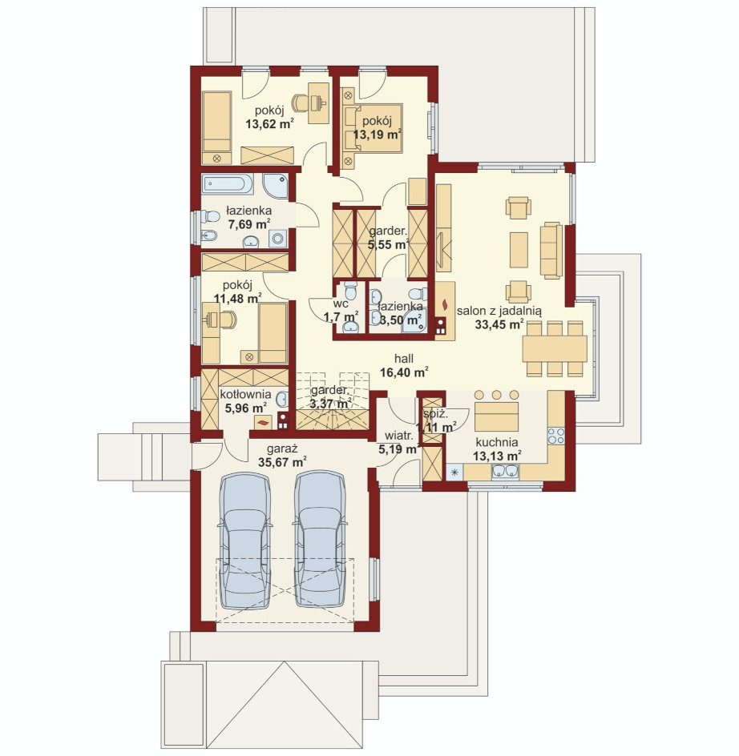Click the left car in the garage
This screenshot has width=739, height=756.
pyautogui.click(x=244, y=540)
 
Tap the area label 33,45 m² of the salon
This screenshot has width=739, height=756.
pyautogui.click(x=499, y=324)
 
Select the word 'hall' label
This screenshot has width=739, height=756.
pyautogui.click(x=403, y=359)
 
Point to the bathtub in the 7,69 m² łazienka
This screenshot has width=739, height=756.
pyautogui.click(x=228, y=184)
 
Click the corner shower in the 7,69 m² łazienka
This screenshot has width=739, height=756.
pyautogui.click(x=276, y=186)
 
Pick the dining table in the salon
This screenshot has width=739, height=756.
pyautogui.click(x=555, y=348)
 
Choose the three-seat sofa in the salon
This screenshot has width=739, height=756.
pyautogui.click(x=551, y=250)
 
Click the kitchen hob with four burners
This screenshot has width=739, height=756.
pyautogui.click(x=556, y=436)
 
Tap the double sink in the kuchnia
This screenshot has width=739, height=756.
pyautogui.click(x=506, y=472)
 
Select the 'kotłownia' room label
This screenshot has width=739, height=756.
pyautogui.click(x=246, y=394)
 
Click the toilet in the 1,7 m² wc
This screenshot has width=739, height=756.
pyautogui.click(x=350, y=292)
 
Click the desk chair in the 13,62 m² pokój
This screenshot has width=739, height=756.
pyautogui.click(x=301, y=103)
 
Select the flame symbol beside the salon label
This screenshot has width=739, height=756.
pyautogui.click(x=445, y=305)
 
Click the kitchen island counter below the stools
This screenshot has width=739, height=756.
pyautogui.click(x=496, y=416)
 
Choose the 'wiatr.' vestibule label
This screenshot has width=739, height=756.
pyautogui.click(x=398, y=436)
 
